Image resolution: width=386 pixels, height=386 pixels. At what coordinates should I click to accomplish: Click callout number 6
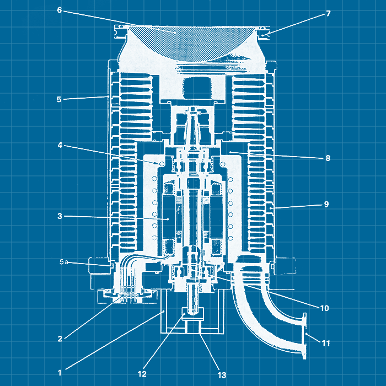coord(60,10)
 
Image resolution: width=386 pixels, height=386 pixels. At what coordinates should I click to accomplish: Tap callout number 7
coord(328,13)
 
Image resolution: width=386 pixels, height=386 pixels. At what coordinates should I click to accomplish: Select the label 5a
coord(64,262)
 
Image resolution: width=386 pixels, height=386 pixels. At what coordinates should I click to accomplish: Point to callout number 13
coord(222,375)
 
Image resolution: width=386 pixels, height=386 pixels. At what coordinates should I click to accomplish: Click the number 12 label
coord(142,374)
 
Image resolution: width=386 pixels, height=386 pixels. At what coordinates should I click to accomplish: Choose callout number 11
coord(326,343)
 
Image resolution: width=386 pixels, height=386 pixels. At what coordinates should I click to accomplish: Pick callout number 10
coord(324,308)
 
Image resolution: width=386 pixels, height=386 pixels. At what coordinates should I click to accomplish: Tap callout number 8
coord(328,158)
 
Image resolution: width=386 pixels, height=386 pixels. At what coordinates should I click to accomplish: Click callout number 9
coord(326,204)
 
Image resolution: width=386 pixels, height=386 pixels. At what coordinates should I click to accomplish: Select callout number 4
coord(60,145)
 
